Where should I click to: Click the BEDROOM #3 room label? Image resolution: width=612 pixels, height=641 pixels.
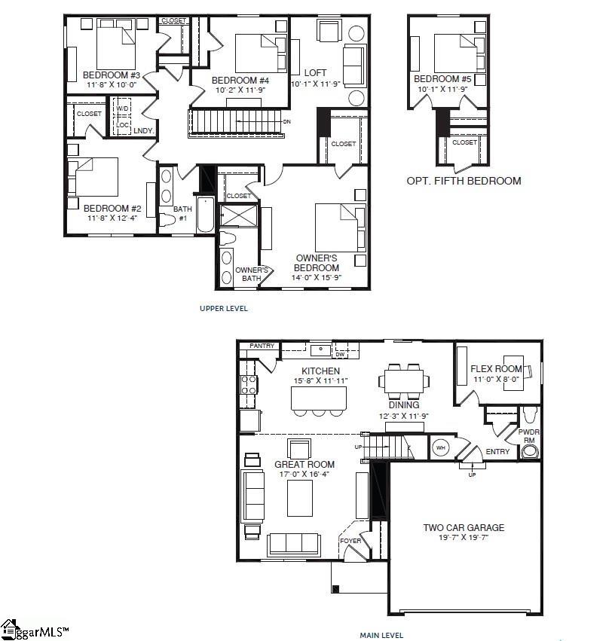(x=112, y=75)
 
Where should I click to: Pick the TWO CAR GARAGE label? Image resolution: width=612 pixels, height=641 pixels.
(x=464, y=527)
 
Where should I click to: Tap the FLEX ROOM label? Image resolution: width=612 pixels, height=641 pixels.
(x=496, y=368)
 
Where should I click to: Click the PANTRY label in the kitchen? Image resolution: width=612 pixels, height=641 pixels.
(x=262, y=346)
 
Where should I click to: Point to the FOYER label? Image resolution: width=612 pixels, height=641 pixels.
(x=350, y=541)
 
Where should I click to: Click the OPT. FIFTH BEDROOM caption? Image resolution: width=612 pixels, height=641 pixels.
(x=464, y=181)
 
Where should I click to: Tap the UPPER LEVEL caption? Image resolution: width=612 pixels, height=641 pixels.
(x=224, y=309)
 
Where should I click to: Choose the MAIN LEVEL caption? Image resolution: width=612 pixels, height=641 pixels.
(x=381, y=635)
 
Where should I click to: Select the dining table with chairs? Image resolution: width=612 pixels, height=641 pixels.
(x=404, y=380)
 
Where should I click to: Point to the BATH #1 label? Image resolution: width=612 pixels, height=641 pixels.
(x=183, y=213)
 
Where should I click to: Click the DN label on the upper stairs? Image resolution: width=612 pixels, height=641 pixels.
(x=286, y=121)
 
